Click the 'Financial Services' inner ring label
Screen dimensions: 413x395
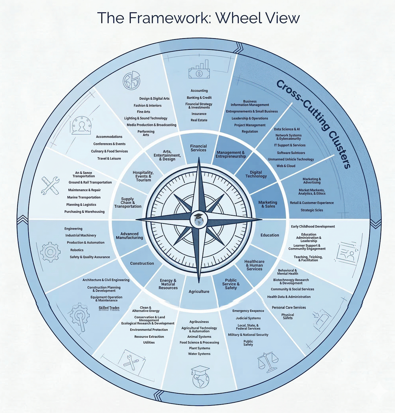pos(198,148)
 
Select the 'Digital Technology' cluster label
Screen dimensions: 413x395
pos(256,174)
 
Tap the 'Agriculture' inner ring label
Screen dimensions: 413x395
pos(199,292)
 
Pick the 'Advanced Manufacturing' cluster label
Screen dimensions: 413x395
pos(130,236)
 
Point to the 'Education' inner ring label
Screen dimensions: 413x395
pos(270,235)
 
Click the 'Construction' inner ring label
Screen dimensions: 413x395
pos(142,263)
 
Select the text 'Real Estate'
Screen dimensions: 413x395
pos(199,120)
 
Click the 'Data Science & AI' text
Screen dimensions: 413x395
pos(287,129)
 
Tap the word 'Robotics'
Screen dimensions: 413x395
pos(77,250)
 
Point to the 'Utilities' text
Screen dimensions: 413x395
pos(149,343)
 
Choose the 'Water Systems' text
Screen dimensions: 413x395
pos(199,354)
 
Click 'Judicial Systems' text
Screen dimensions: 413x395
pos(248,318)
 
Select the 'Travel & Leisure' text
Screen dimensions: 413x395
pos(109,159)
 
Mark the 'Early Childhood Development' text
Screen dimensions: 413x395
pos(313,227)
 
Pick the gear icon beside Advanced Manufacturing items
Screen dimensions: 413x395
pos(50,251)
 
